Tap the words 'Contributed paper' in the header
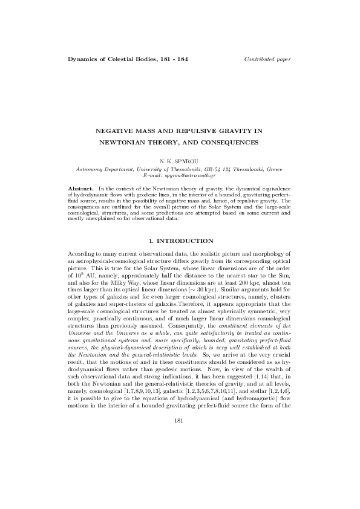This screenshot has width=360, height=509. [267, 59]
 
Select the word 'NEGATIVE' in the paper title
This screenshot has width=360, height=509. [117, 131]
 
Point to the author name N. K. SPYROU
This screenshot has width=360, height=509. [180, 162]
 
